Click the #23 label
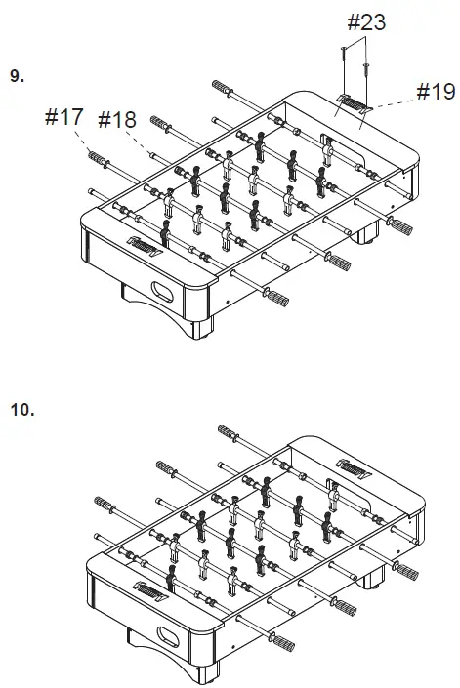point(366,21)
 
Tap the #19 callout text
point(436,92)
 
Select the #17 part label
point(64,117)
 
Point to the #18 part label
point(117,119)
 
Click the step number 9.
point(18,76)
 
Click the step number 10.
point(22,410)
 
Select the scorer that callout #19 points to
point(355,103)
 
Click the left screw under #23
point(344,55)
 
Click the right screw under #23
point(365,70)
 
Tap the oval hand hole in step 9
point(162,292)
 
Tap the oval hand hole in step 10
point(168,636)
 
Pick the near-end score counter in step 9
point(145,247)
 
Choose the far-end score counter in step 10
point(354,469)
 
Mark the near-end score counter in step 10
point(150,592)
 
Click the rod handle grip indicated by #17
point(98,158)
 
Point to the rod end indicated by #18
point(152,154)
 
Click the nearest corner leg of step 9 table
point(201,328)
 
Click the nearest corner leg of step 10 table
point(207,673)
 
